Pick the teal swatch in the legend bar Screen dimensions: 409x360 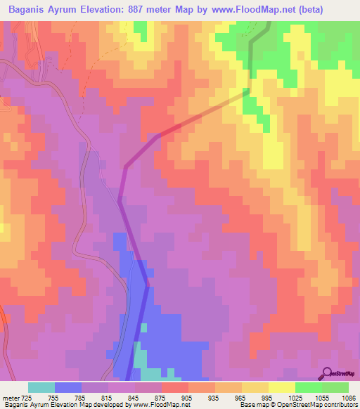[41, 387]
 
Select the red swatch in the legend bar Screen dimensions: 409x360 [175, 387]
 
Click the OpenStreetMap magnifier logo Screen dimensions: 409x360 [326, 373]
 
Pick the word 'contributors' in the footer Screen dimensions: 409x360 [339, 405]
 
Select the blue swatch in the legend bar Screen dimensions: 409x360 [68, 387]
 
